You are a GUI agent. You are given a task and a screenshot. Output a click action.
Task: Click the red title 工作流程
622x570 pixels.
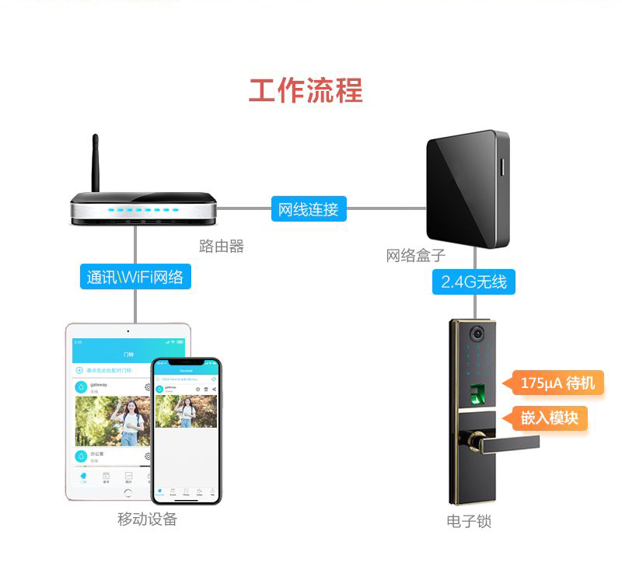click(306, 91)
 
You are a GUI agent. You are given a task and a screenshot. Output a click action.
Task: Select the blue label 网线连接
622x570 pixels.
click(309, 209)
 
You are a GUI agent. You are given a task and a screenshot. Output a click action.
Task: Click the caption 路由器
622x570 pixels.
click(222, 247)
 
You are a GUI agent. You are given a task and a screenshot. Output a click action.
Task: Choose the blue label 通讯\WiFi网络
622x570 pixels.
click(135, 276)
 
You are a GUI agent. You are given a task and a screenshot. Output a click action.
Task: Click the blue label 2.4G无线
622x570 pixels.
click(473, 281)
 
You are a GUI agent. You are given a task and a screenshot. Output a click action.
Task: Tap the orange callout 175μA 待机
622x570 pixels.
click(557, 383)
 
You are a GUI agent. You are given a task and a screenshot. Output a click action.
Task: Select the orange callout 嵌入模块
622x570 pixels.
click(549, 418)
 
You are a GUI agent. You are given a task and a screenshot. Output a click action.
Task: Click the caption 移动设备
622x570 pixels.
click(148, 519)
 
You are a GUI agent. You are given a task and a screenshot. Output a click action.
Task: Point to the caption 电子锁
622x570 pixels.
click(469, 521)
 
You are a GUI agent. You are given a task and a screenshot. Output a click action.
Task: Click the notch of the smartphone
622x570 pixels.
click(186, 362)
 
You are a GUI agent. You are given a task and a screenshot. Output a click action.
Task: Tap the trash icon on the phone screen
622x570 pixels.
click(206, 389)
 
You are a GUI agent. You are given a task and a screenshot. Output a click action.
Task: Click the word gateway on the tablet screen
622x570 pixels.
click(99, 384)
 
